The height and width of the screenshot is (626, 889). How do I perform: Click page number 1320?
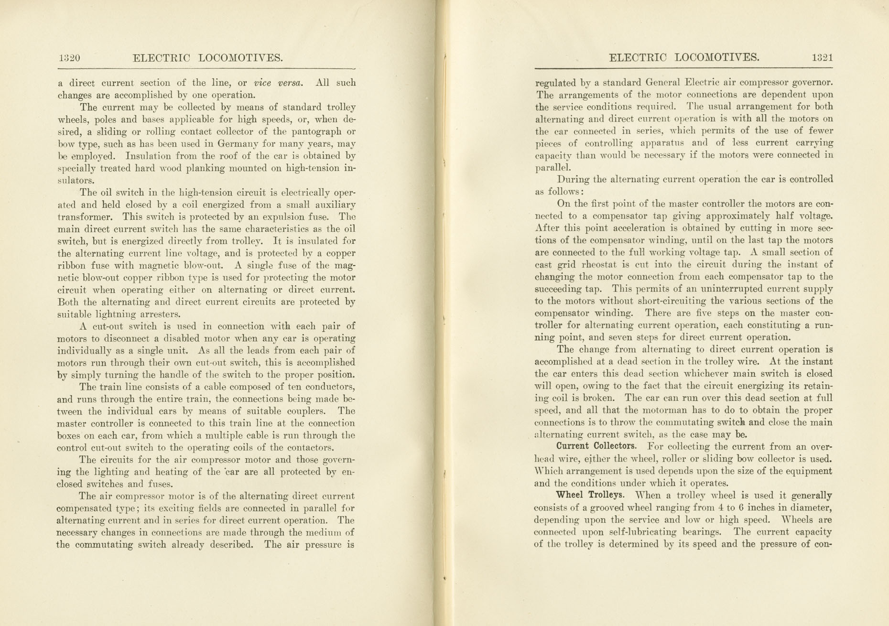69,58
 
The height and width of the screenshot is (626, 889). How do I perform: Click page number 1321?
822,58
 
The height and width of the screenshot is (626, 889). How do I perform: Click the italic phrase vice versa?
278,83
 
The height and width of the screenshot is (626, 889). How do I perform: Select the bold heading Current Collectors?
596,446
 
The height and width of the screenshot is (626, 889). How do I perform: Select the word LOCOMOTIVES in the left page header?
240,58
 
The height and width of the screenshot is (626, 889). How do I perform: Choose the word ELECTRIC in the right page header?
638,58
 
